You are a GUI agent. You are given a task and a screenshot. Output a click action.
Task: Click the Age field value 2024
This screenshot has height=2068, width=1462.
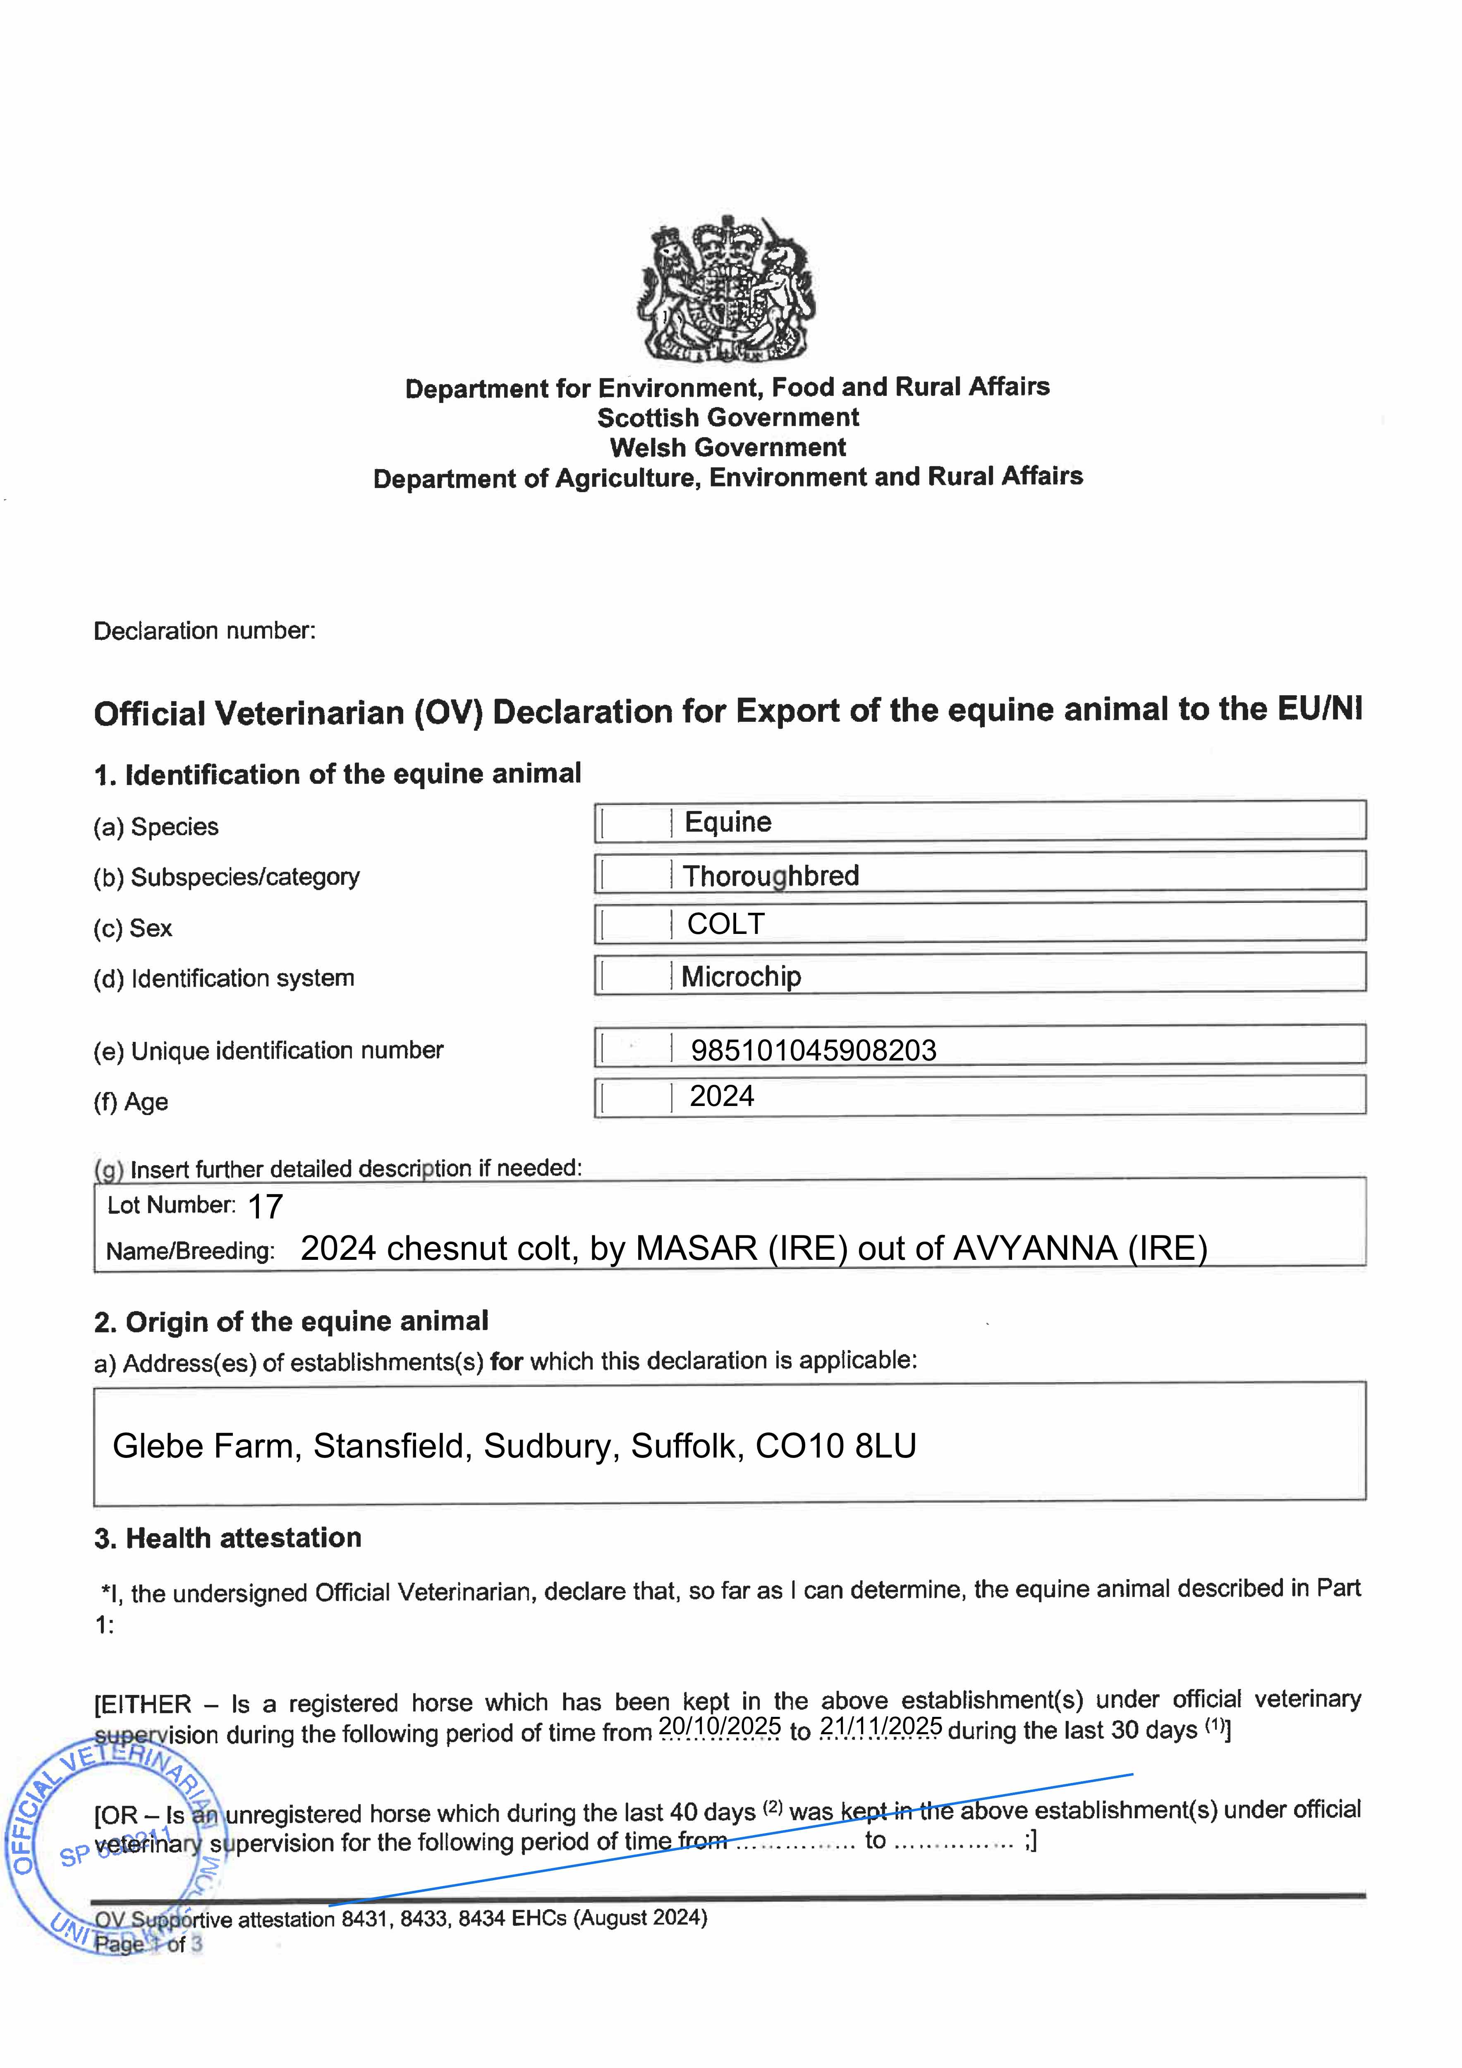pyautogui.click(x=722, y=1096)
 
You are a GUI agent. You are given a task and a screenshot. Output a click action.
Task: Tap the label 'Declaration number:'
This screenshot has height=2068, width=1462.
pyautogui.click(x=204, y=630)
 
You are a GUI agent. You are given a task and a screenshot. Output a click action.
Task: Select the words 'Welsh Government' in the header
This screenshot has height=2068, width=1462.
pyautogui.click(x=728, y=448)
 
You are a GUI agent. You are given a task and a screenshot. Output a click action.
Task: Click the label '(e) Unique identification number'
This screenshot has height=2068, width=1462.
pyautogui.click(x=268, y=1050)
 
